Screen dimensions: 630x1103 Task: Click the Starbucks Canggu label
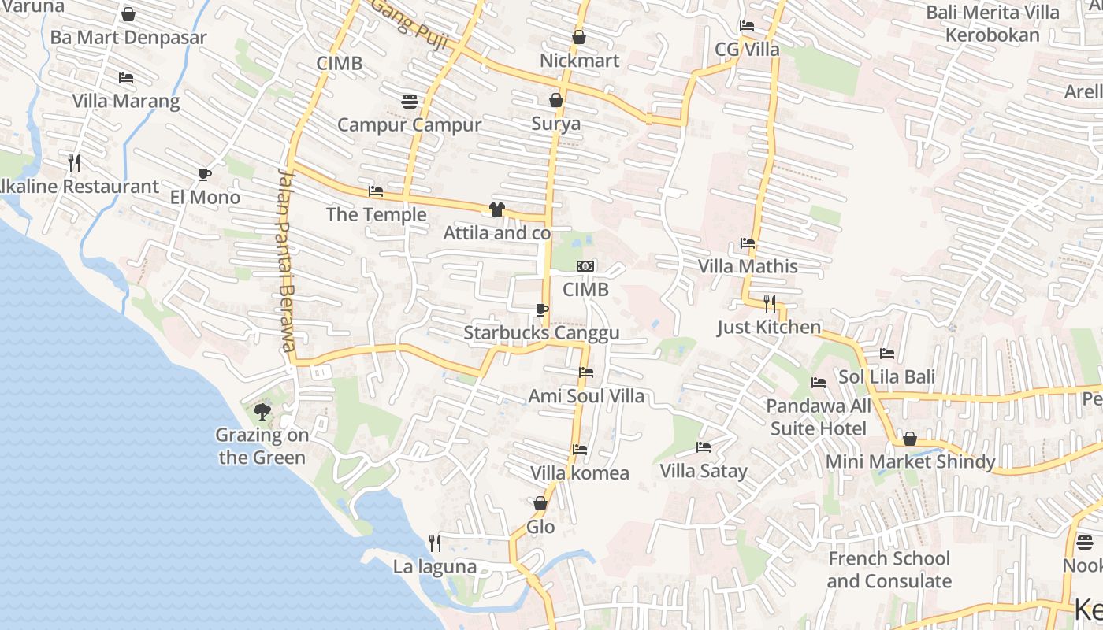coord(541,333)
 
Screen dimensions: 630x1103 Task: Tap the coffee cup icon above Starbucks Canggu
coord(541,309)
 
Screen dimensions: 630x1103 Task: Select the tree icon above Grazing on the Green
coord(262,411)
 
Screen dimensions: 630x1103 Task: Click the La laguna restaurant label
coord(435,566)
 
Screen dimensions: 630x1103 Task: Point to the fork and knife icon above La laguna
coord(434,543)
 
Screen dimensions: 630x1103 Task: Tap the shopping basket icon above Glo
coord(540,503)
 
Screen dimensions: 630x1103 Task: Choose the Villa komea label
coord(580,472)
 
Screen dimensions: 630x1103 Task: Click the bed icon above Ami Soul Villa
coord(585,372)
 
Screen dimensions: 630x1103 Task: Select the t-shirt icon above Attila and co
coord(496,209)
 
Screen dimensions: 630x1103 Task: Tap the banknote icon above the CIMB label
coord(585,266)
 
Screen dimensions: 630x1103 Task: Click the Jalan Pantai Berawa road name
coord(287,260)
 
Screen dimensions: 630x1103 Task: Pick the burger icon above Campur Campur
coord(409,101)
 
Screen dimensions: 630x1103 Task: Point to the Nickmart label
coord(579,61)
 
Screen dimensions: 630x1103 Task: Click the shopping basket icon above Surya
coord(556,100)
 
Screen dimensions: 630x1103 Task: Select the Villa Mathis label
coord(748,266)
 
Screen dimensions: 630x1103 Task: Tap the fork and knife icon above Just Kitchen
coord(770,303)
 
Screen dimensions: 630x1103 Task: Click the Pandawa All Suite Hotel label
coord(819,417)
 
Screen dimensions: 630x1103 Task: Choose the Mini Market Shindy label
coord(910,461)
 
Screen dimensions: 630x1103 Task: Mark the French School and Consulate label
coord(889,570)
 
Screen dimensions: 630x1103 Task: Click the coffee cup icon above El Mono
coord(205,174)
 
